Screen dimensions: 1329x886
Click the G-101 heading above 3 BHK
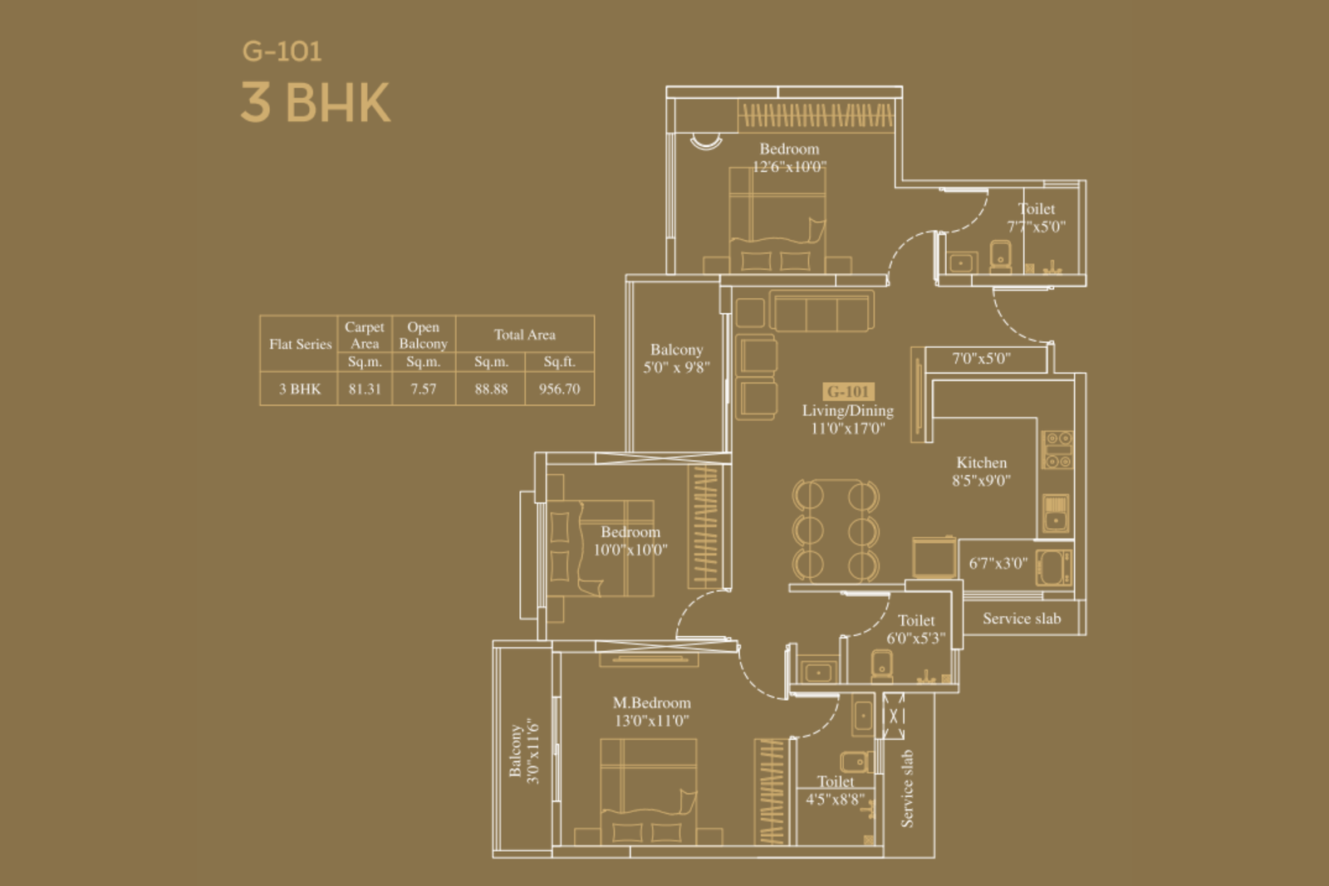tap(282, 51)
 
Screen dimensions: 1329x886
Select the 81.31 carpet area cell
tap(365, 389)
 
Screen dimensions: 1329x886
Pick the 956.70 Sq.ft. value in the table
tap(559, 389)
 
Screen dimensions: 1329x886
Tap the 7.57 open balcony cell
tap(423, 389)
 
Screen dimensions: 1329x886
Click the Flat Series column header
tap(300, 344)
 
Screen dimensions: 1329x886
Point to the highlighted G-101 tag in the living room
tap(848, 391)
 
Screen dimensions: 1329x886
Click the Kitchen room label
tap(981, 463)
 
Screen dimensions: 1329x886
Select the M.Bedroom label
tap(651, 702)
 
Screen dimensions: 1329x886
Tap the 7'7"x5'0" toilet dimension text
tap(1037, 227)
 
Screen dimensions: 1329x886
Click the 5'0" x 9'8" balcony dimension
tap(676, 368)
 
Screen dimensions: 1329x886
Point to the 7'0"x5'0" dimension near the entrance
tap(981, 358)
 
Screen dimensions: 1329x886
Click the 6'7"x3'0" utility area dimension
tap(998, 563)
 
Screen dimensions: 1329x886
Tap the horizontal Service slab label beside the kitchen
tap(1022, 619)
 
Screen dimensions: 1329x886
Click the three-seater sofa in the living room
tap(821, 311)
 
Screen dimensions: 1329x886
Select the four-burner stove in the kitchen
tap(1057, 449)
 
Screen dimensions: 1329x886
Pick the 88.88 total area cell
tap(491, 389)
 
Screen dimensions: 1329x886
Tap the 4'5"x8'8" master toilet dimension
tap(835, 800)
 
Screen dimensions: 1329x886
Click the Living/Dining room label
tap(848, 410)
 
